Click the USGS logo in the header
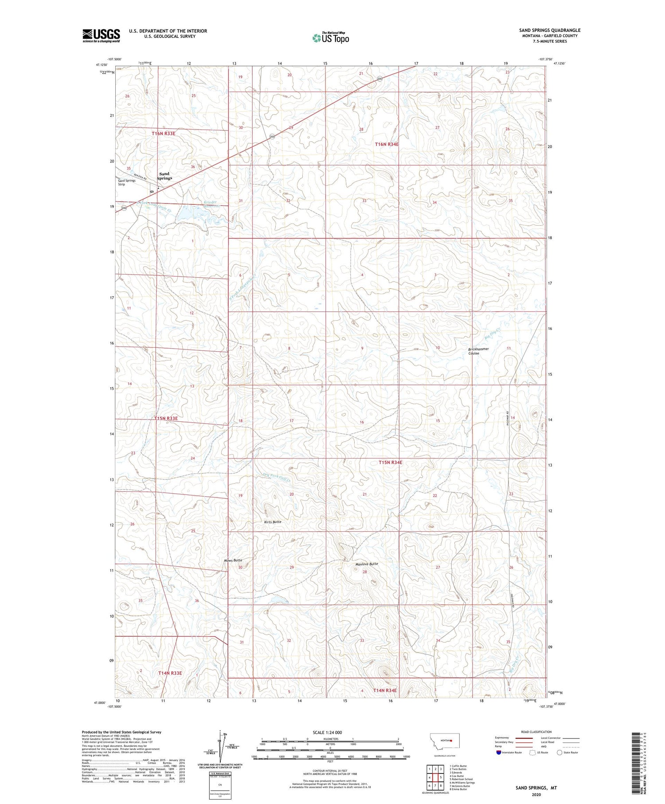click(101, 35)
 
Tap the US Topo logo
click(330, 38)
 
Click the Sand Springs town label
click(164, 176)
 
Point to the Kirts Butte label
click(273, 522)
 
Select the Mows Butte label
click(233, 561)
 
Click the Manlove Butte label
click(367, 564)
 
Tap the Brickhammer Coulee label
click(479, 351)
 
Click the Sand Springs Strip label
click(127, 182)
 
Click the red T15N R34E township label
click(390, 463)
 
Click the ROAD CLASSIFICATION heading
click(536, 732)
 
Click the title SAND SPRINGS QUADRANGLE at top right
click(550, 30)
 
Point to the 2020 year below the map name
click(536, 795)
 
